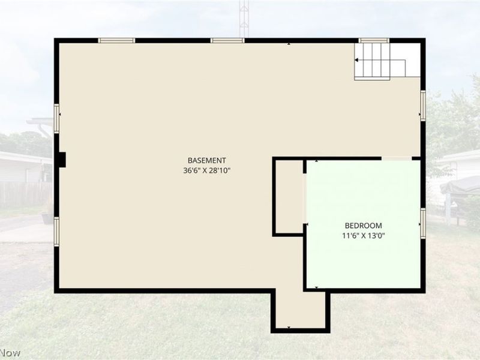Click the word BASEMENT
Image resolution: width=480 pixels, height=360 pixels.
(206, 160)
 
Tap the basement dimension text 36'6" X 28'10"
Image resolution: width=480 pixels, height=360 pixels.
(206, 170)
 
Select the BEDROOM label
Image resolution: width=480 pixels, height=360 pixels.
(364, 226)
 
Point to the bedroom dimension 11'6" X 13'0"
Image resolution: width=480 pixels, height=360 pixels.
(364, 236)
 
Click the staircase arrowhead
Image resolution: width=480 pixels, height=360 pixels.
(356, 60)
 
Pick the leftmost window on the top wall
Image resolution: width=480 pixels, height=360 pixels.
(116, 40)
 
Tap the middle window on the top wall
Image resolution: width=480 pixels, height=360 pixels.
(227, 40)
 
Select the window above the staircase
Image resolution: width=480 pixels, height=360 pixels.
(374, 40)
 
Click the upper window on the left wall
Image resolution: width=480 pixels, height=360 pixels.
(56, 118)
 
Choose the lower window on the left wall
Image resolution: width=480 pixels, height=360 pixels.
(56, 232)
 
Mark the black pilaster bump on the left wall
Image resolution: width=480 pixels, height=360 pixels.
(62, 160)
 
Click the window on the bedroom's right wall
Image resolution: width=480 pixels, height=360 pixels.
(423, 223)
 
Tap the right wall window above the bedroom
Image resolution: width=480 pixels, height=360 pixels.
(423, 106)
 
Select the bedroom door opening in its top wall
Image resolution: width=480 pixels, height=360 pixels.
(397, 158)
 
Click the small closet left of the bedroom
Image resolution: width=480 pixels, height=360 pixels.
(290, 197)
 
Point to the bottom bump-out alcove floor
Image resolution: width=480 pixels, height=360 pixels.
(301, 309)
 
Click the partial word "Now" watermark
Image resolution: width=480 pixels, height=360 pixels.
(10, 353)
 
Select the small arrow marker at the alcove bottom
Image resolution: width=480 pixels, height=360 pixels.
(289, 327)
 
